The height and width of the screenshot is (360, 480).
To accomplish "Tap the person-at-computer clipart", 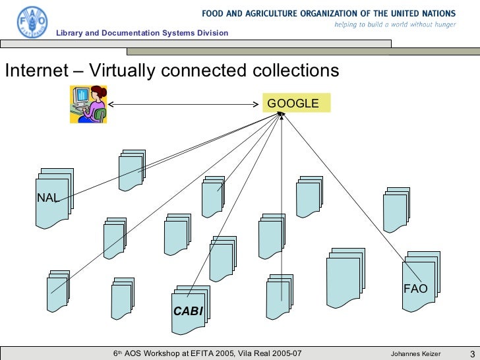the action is pyautogui.click(x=88, y=104).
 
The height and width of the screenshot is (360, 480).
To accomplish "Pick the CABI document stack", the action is pyautogui.click(x=189, y=310).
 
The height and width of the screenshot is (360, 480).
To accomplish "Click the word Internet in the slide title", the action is pyautogui.click(x=34, y=71).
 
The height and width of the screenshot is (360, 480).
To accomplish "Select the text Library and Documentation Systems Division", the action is pyautogui.click(x=142, y=33).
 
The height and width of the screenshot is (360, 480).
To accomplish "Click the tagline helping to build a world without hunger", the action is pyautogui.click(x=395, y=24).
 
